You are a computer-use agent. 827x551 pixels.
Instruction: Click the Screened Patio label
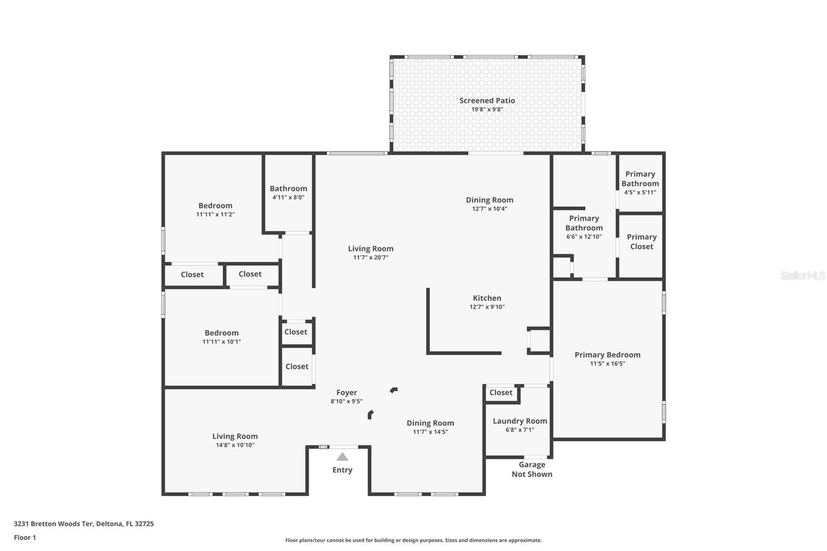pyautogui.click(x=487, y=100)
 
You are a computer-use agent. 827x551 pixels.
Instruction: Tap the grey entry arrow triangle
pyautogui.click(x=342, y=457)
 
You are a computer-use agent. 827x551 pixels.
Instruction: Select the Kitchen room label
pyautogui.click(x=487, y=298)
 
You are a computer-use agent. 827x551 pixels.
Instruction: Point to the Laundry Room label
pyautogui.click(x=520, y=421)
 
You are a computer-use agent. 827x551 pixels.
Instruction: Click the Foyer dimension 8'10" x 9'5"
pyautogui.click(x=346, y=402)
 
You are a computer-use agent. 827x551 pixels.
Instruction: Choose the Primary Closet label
pyautogui.click(x=641, y=241)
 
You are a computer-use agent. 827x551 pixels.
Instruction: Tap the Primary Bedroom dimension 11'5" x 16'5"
pyautogui.click(x=607, y=364)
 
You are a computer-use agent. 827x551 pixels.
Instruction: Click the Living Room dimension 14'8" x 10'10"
pyautogui.click(x=235, y=446)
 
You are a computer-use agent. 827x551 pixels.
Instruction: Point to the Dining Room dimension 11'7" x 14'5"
pyautogui.click(x=430, y=432)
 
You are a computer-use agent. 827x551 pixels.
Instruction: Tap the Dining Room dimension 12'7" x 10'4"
pyautogui.click(x=489, y=209)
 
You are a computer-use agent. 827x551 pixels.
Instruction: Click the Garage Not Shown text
pyautogui.click(x=532, y=469)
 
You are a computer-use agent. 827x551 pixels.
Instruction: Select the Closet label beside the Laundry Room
pyautogui.click(x=501, y=392)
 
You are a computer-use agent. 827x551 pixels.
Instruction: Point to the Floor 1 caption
pyautogui.click(x=25, y=538)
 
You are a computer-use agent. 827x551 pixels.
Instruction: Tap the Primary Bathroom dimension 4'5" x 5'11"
pyautogui.click(x=640, y=192)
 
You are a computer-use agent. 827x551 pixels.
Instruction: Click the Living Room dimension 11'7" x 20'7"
pyautogui.click(x=371, y=258)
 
